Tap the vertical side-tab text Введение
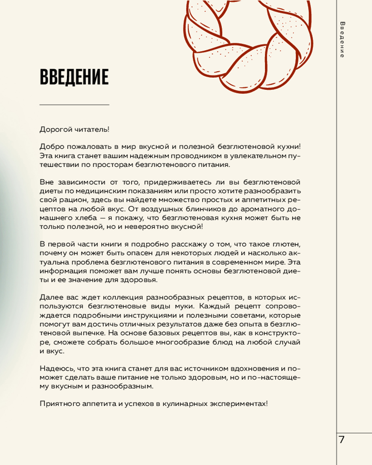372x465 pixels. click(342, 40)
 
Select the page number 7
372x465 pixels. click(342, 439)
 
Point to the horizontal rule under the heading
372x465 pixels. click(74, 105)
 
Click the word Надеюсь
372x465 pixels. click(55, 367)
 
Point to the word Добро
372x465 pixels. click(51, 146)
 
